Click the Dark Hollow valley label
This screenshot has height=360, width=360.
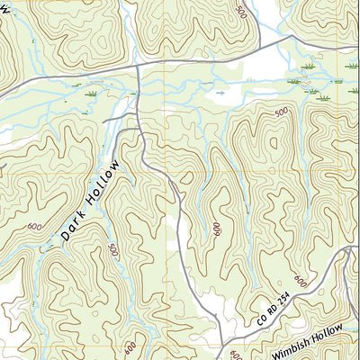[x=91, y=202]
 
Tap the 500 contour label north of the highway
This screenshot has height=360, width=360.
[x=239, y=12]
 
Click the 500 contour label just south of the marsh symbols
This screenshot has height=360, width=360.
[x=282, y=112]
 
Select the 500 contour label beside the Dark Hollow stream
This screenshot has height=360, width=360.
[x=112, y=251]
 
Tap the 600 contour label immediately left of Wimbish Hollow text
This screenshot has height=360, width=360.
[x=236, y=354]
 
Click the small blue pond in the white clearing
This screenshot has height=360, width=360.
[x=219, y=92]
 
